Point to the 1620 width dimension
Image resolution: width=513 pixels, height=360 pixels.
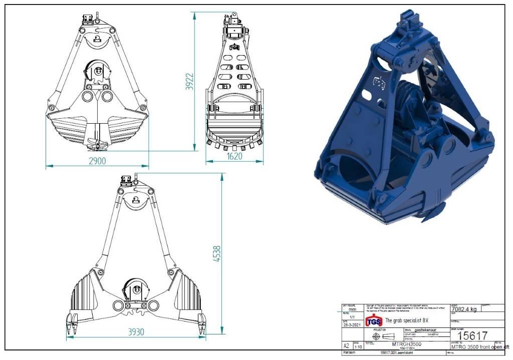pyautogui.click(x=234, y=156)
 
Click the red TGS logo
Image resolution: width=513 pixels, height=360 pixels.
pyautogui.click(x=374, y=321)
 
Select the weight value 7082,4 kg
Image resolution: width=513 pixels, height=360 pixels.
pyautogui.click(x=464, y=309)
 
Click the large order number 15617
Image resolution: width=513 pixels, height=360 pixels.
pyautogui.click(x=473, y=335)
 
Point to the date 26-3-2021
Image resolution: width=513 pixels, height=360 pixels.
pyautogui.click(x=352, y=325)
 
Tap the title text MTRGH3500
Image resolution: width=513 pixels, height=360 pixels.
pyautogui.click(x=407, y=344)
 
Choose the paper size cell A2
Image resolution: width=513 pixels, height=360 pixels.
pyautogui.click(x=346, y=346)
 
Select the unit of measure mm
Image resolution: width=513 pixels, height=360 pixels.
pyautogui.click(x=352, y=309)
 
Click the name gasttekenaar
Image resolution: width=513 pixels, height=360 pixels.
pyautogui.click(x=425, y=330)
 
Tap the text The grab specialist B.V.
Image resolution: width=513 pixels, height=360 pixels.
pyautogui.click(x=407, y=320)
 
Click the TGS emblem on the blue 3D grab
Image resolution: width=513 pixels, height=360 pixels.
pyautogui.click(x=379, y=82)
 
